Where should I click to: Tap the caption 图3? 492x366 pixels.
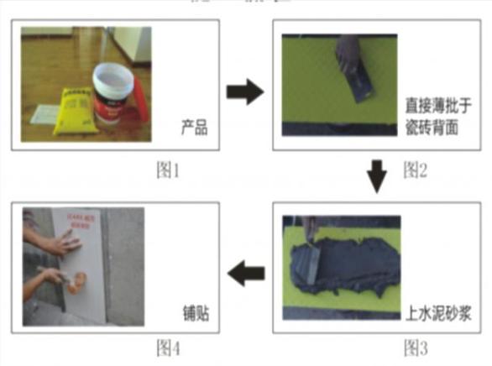tap(416, 345)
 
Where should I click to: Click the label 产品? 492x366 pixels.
tap(194, 128)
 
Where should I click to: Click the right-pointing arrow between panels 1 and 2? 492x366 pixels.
tap(244, 92)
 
